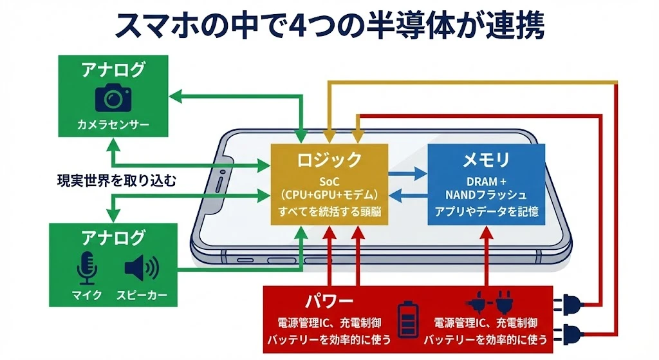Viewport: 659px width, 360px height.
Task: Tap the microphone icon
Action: [86, 268]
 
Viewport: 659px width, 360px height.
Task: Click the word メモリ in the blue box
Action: [486, 159]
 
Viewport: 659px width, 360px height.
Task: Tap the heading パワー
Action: [329, 301]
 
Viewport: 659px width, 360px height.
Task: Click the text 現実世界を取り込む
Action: [116, 181]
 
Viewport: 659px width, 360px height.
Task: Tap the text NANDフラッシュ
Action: [486, 194]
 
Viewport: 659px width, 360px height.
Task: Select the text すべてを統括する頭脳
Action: [329, 211]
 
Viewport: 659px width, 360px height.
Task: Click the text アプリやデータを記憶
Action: [486, 211]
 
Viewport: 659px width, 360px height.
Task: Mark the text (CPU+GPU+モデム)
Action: [329, 194]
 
